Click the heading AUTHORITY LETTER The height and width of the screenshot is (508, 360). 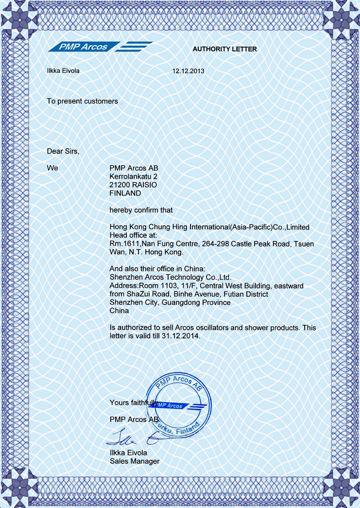(224, 49)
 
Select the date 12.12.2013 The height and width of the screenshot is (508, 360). (189, 71)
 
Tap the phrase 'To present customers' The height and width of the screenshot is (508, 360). (82, 101)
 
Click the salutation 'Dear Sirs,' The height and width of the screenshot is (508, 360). (63, 151)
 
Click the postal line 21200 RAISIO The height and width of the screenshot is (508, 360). (133, 185)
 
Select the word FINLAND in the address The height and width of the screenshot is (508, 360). (125, 193)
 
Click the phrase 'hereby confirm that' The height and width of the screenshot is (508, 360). (141, 210)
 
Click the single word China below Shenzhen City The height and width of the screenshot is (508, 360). (120, 310)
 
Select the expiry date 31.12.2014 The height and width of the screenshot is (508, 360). (183, 336)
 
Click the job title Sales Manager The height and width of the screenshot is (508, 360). (135, 461)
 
